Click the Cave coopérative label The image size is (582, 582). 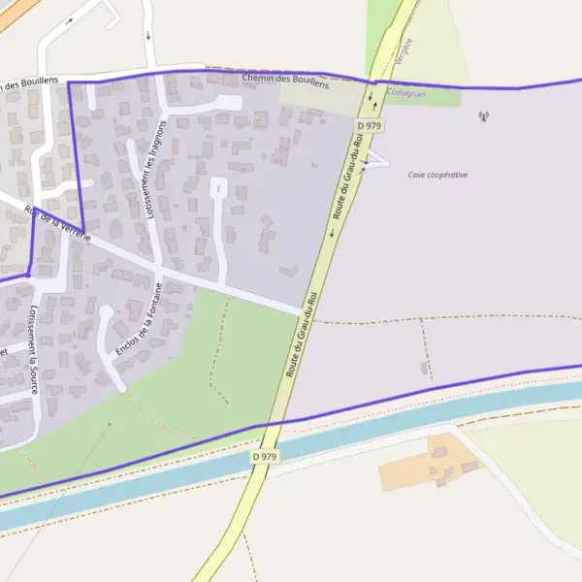click(437, 175)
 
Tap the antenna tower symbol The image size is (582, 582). click(483, 117)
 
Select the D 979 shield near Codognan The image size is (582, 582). click(369, 125)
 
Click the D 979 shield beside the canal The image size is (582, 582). click(265, 456)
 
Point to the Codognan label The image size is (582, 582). click(404, 92)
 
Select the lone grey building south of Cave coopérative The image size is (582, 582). click(423, 368)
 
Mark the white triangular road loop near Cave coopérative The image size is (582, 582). click(375, 159)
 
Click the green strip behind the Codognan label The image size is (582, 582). click(427, 98)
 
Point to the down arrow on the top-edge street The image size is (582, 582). click(148, 35)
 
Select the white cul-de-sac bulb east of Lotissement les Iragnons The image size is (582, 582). click(218, 185)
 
